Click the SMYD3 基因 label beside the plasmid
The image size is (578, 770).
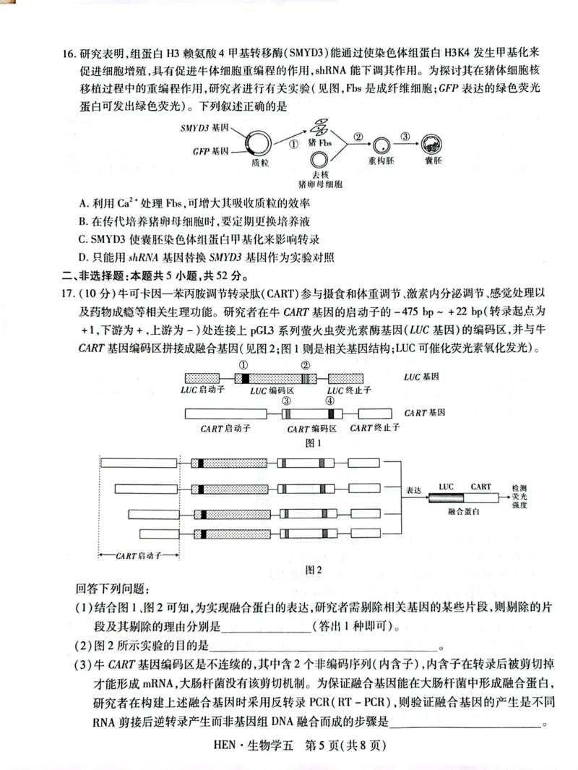pos(204,127)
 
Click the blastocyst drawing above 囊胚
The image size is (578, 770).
pos(432,143)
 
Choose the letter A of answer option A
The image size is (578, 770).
pos(85,203)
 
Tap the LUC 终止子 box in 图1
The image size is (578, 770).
pos(349,378)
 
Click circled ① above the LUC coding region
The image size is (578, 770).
pos(243,365)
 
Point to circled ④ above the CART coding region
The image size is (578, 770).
pos(330,401)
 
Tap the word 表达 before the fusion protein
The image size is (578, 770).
pos(413,489)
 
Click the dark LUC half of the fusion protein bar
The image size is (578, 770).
pos(447,498)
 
